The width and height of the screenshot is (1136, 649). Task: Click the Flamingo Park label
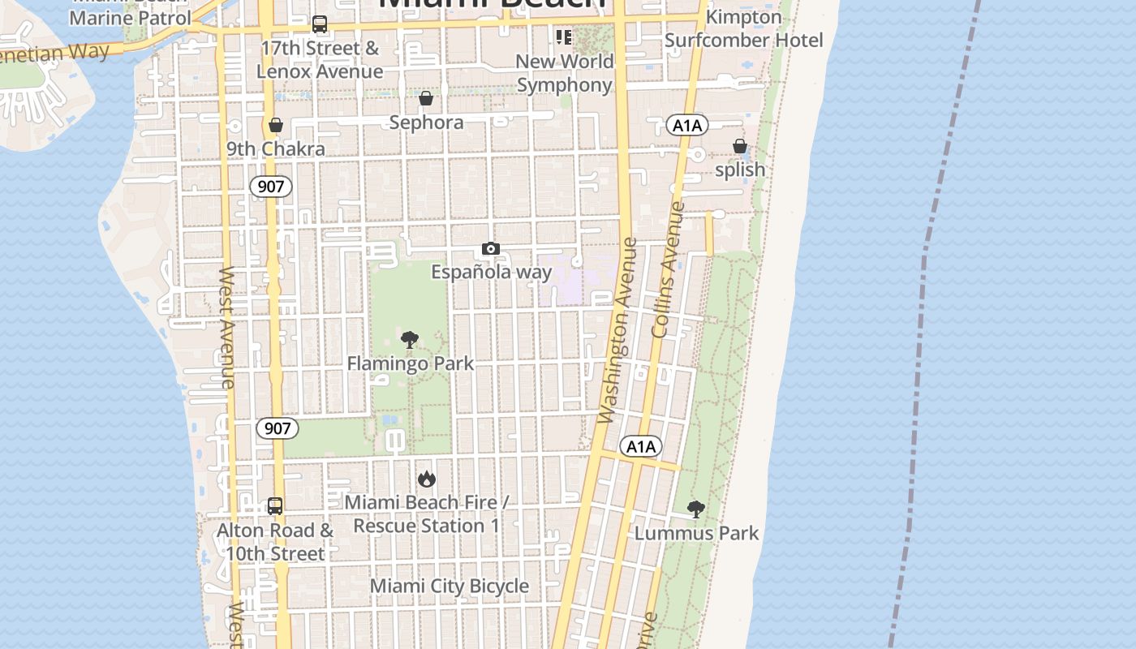410,363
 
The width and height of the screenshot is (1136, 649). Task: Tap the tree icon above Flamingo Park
410,340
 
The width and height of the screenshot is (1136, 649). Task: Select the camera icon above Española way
490,249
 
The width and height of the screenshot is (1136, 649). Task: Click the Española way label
491,272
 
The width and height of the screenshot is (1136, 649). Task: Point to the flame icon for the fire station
426,479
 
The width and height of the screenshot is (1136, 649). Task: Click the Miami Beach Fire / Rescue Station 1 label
427,514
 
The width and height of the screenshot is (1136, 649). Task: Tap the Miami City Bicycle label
449,586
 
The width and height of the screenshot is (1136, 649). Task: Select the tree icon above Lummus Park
695,509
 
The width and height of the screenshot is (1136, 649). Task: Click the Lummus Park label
696,533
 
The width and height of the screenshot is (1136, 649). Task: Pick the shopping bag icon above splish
740,147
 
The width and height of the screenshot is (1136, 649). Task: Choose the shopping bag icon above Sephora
426,99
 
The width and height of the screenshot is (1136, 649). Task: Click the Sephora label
426,122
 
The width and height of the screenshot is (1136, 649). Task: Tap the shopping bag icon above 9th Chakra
276,126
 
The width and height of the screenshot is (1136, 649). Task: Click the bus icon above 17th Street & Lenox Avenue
320,25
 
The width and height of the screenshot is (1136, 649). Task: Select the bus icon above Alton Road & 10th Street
275,506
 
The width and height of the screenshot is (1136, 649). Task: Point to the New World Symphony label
564,73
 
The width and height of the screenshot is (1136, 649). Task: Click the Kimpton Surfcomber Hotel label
743,28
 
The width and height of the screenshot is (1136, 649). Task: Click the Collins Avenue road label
667,270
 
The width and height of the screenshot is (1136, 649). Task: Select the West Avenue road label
227,327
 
